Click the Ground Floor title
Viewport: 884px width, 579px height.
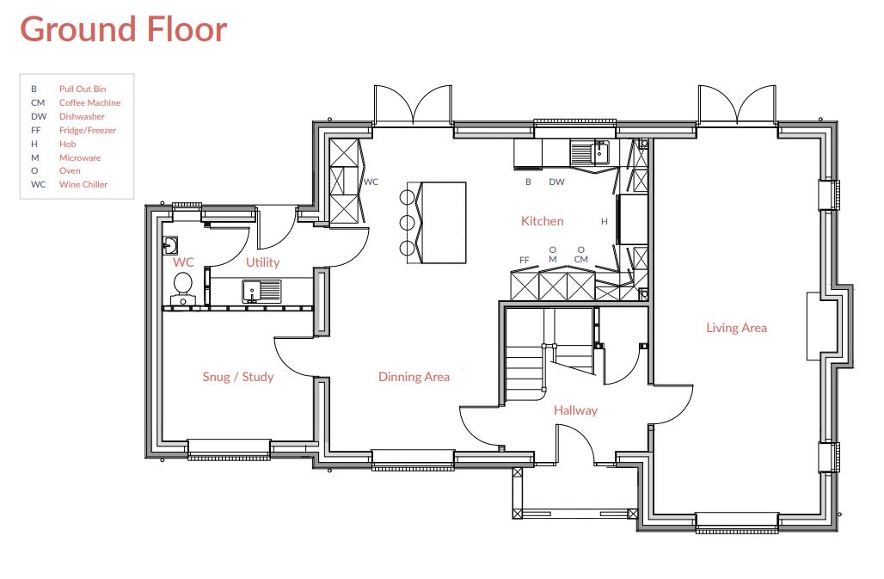pos(124,29)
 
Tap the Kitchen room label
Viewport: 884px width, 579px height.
pos(543,221)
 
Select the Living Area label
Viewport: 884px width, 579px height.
pos(736,328)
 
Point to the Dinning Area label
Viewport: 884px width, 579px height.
pos(414,377)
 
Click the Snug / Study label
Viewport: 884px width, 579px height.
pos(238,377)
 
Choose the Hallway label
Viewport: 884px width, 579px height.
pos(575,410)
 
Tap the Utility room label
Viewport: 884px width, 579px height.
pos(263,262)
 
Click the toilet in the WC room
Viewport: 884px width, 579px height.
pos(182,287)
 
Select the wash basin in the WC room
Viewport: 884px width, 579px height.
pos(169,246)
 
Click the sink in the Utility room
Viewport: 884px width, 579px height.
pos(261,291)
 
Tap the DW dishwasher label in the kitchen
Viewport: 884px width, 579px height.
pos(556,182)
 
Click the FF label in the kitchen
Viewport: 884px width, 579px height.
pos(525,260)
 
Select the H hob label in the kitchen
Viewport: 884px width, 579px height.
pos(604,222)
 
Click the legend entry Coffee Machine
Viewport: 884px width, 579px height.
pos(89,102)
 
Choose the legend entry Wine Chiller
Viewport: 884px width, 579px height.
pos(83,184)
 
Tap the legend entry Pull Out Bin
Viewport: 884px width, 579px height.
pos(83,89)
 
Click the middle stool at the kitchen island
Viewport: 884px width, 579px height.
pos(407,223)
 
